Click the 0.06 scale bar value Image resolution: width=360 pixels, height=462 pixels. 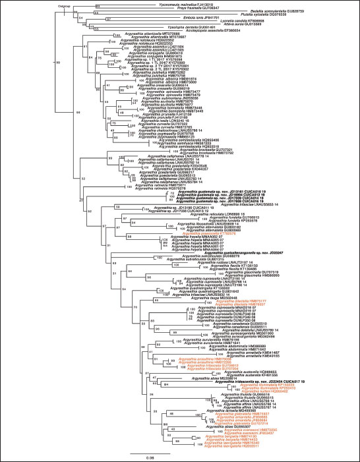[150, 456]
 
